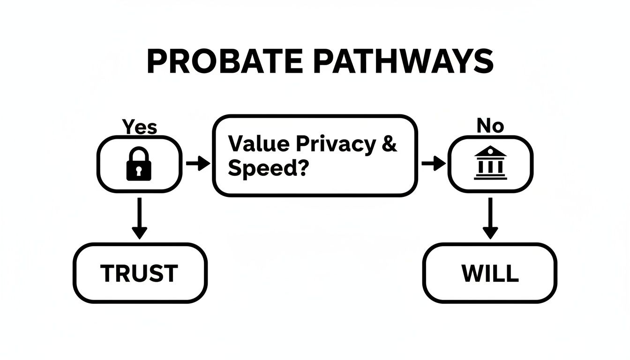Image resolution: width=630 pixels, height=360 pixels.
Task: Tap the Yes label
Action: [139, 127]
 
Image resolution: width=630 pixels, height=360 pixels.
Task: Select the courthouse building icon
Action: [490, 163]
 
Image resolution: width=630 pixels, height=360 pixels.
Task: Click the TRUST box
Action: [140, 273]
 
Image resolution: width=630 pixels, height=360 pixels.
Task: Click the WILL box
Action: [490, 273]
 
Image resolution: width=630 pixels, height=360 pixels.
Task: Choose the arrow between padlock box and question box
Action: [198, 164]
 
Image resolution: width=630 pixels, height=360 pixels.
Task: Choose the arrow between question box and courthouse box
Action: [433, 164]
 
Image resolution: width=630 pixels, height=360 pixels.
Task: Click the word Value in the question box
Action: [255, 144]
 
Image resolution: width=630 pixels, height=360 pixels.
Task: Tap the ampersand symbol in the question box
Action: [389, 144]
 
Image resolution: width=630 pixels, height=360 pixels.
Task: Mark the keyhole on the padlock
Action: [139, 172]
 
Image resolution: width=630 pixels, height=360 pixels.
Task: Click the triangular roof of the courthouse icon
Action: [490, 151]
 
